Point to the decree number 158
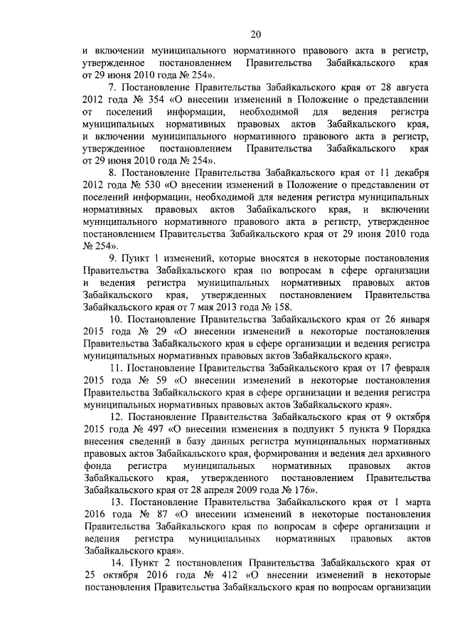click(282, 307)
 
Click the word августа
click(409, 87)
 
